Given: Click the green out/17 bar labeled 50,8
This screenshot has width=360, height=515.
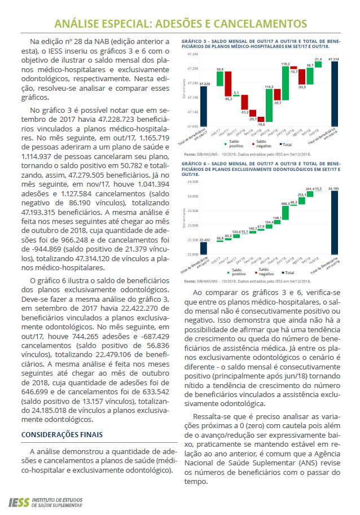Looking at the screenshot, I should pos(220,79).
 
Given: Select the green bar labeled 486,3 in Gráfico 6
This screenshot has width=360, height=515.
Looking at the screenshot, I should pos(286,212).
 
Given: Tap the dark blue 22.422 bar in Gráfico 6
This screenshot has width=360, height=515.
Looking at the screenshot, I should pos(204,249).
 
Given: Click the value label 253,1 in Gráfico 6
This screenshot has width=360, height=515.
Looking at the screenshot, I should pos(301,195).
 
